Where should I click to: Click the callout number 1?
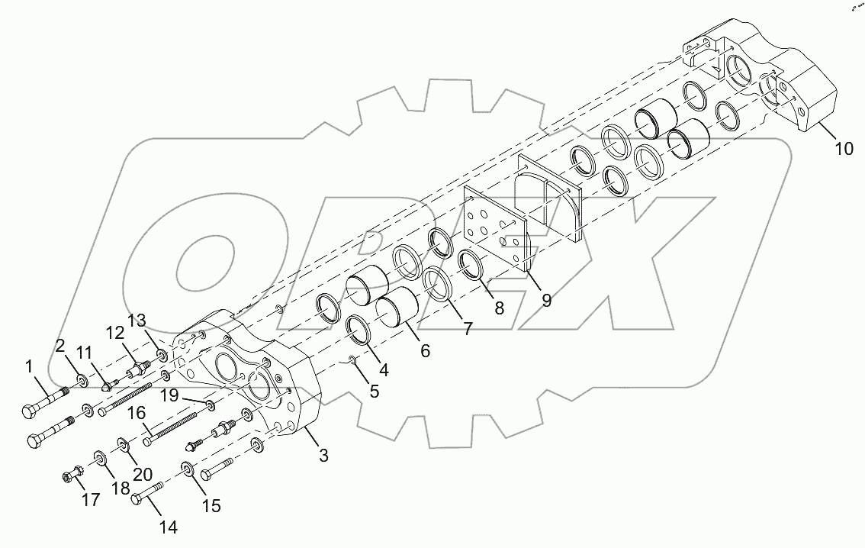point(29,367)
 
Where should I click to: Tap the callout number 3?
point(323,456)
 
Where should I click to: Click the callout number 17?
point(91,501)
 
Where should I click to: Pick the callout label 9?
point(546,300)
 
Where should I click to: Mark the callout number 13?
point(135,319)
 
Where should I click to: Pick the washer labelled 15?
point(188,469)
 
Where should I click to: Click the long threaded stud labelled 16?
point(172,428)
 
